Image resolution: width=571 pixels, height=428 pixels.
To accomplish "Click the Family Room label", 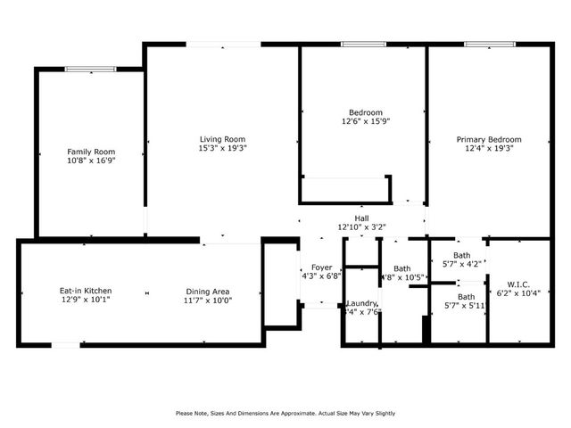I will (x=91, y=152).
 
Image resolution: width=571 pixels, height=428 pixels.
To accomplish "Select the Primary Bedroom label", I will (x=489, y=139).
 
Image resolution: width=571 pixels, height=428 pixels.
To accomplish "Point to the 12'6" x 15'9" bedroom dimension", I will (x=366, y=121).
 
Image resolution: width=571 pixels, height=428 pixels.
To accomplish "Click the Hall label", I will (x=361, y=218).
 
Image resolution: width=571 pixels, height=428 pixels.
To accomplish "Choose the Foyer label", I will (x=321, y=267).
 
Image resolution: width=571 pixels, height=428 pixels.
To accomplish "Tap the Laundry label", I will (x=361, y=303).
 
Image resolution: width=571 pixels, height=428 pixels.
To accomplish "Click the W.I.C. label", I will (x=518, y=284).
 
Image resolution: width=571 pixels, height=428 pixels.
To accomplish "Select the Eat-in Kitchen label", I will (x=85, y=291).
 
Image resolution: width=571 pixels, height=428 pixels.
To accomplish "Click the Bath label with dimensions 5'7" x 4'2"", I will (x=462, y=255).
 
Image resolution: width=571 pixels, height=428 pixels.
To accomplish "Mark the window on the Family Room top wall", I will (x=90, y=69).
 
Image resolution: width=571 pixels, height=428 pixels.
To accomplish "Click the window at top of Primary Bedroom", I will (x=488, y=45).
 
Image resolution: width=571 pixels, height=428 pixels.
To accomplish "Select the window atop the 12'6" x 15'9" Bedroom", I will (x=363, y=45).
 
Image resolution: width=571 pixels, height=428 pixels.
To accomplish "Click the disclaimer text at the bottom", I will (x=285, y=413).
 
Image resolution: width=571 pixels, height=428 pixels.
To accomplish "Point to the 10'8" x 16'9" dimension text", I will (x=91, y=160).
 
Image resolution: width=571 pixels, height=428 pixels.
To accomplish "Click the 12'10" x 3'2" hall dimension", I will (x=361, y=227).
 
